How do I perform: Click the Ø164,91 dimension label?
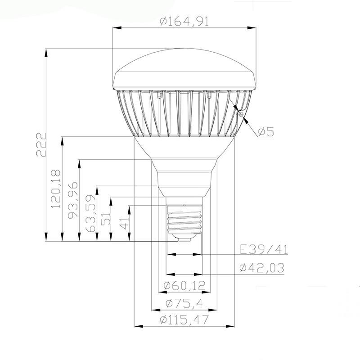coord(184,21)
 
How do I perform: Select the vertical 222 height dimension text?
coord(41,144)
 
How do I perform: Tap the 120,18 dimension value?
coord(56,189)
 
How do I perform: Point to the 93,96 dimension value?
coord(72,200)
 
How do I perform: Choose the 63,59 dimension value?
coord(90,214)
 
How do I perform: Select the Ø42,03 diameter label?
coord(262,268)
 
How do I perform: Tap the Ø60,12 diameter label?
coord(184,285)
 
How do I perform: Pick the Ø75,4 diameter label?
coord(184,303)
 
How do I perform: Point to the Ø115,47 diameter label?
coord(184,320)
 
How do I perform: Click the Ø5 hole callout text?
coord(266,131)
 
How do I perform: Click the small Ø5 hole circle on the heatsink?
coord(242,115)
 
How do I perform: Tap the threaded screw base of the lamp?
coord(184,219)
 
